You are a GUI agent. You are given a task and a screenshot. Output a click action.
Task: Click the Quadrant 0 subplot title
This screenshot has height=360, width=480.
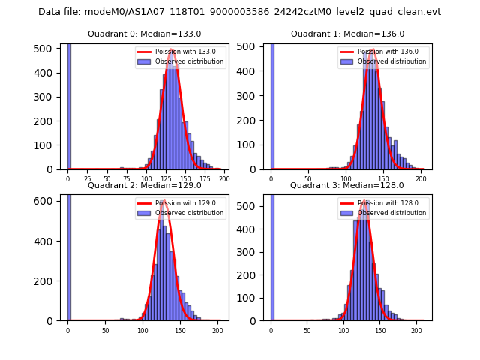pyautogui.click(x=144, y=34)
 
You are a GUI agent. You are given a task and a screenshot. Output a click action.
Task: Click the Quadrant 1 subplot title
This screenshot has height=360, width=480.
pyautogui.click(x=347, y=34)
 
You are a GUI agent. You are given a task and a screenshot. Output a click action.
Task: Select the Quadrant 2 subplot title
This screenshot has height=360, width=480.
pyautogui.click(x=144, y=185)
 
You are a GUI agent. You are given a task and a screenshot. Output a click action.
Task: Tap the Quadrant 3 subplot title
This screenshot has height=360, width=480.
pyautogui.click(x=347, y=185)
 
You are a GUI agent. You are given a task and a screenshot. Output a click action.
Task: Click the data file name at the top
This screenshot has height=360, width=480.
pyautogui.click(x=239, y=12)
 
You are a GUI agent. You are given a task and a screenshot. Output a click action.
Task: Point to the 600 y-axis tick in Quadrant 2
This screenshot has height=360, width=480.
pyautogui.click(x=49, y=202)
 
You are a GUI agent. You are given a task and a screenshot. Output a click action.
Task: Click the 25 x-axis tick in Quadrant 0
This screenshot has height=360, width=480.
pyautogui.click(x=88, y=179)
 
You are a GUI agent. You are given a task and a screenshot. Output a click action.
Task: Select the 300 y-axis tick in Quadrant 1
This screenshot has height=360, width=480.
pyautogui.click(x=252, y=97)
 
